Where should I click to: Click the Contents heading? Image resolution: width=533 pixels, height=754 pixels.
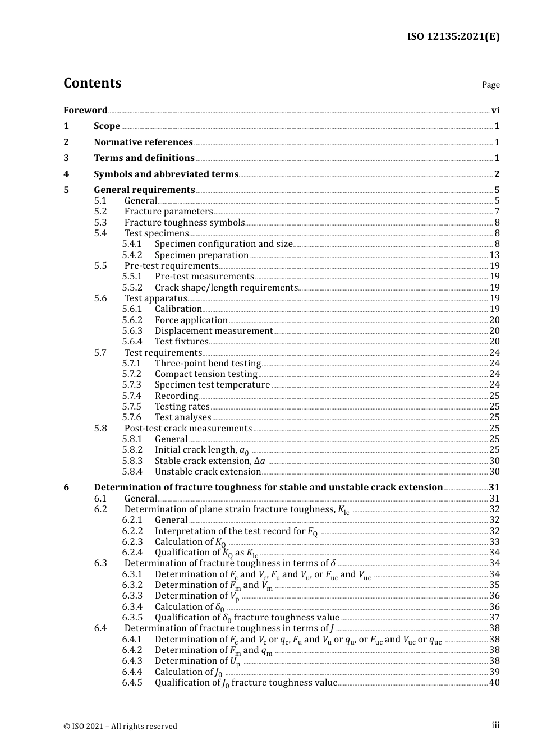click(x=92, y=83)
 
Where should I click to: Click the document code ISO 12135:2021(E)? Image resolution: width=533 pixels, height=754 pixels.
click(x=453, y=36)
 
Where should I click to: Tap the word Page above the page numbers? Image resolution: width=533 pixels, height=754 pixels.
click(x=490, y=85)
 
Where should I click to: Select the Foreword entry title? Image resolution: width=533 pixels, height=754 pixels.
click(x=85, y=110)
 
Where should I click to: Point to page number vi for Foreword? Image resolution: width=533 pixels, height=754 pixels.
click(x=495, y=110)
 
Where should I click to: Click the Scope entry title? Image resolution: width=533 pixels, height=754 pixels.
click(x=107, y=126)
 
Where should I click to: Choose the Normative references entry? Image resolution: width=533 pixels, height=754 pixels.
click(x=143, y=142)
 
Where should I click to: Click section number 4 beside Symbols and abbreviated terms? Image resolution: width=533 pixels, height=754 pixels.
click(x=66, y=174)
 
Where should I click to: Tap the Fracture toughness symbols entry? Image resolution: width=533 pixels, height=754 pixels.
click(x=185, y=222)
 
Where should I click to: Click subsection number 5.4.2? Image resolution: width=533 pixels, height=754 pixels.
click(x=132, y=255)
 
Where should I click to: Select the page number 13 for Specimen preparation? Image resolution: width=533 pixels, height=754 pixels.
click(x=494, y=255)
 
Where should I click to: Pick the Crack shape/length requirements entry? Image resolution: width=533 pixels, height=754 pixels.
click(x=226, y=287)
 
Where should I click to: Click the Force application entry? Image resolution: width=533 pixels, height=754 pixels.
click(x=191, y=320)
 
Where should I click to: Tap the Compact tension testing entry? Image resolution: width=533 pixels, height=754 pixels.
click(x=206, y=374)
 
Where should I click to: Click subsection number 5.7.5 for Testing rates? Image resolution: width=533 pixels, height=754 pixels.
click(x=132, y=407)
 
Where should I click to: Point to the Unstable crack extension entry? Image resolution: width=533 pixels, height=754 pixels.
click(x=208, y=472)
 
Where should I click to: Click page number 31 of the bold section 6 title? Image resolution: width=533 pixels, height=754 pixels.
click(x=494, y=488)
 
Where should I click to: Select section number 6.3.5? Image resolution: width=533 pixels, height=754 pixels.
click(x=132, y=618)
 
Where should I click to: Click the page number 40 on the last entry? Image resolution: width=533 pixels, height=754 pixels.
click(x=494, y=683)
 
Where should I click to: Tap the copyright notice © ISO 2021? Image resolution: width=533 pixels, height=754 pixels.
click(x=120, y=726)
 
